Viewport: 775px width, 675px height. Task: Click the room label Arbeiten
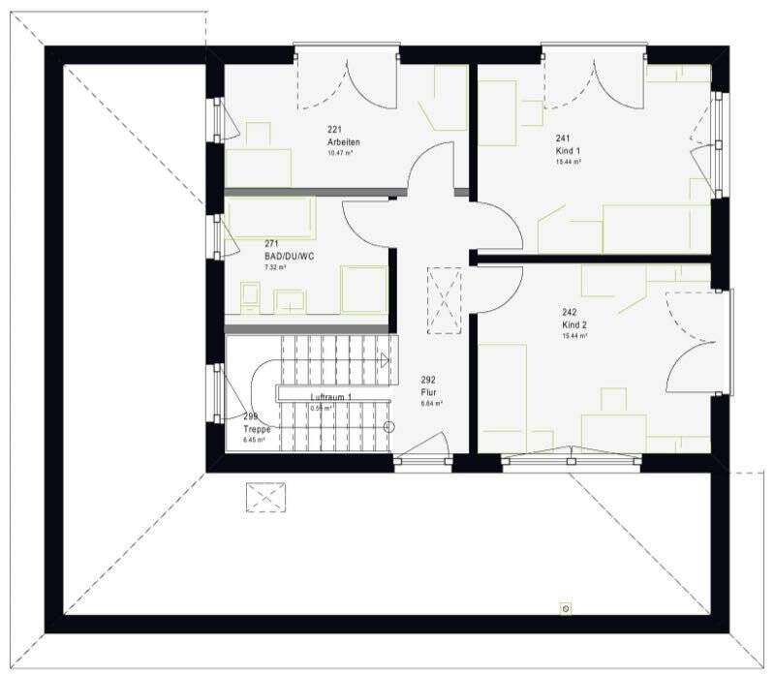[x=343, y=142]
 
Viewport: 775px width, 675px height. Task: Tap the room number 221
[x=335, y=131]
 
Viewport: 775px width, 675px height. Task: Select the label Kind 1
[x=569, y=151]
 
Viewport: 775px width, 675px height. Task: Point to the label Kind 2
[x=574, y=325]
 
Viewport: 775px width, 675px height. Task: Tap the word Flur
[x=427, y=393]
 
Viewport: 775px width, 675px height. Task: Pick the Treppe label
[x=258, y=428]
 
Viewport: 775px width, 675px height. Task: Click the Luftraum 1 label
[x=330, y=398]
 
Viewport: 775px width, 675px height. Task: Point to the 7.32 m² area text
[x=275, y=268]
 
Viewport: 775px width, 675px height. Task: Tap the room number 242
[x=570, y=313]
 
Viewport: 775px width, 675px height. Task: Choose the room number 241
[x=563, y=138]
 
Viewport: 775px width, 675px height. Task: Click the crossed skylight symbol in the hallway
[x=445, y=299]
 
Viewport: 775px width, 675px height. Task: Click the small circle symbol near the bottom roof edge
[x=566, y=608]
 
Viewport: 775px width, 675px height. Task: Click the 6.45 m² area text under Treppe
[x=253, y=440]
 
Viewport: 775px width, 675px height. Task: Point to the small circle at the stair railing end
[x=388, y=427]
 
